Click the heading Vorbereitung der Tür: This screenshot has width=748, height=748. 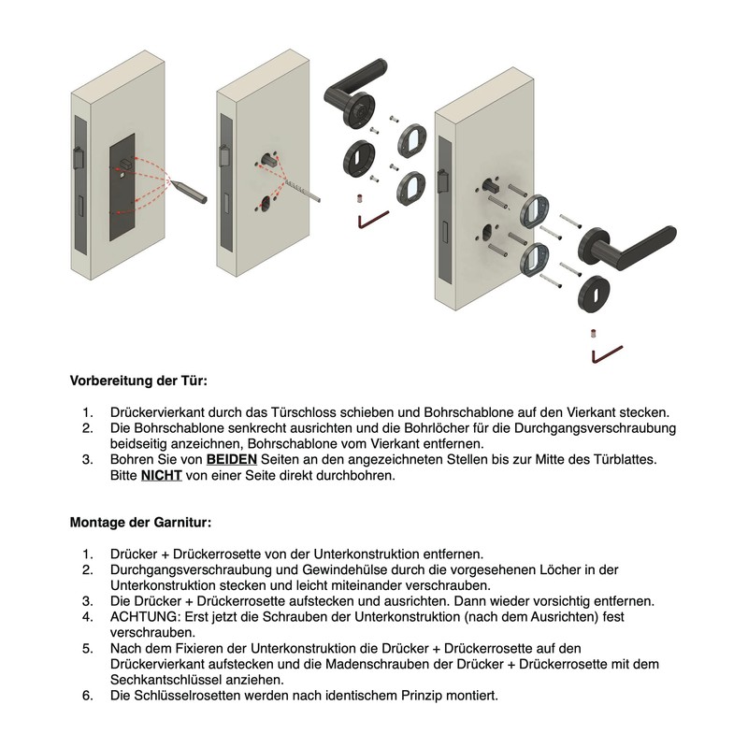click(x=138, y=381)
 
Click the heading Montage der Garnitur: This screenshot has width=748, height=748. click(x=140, y=523)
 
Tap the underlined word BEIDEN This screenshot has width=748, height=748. click(x=231, y=459)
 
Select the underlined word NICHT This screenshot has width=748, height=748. click(x=161, y=475)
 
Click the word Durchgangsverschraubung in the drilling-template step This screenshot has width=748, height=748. click(x=595, y=428)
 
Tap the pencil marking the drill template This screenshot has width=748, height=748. click(x=188, y=191)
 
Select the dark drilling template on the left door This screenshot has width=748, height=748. click(x=122, y=187)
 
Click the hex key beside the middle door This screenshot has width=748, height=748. click(x=372, y=220)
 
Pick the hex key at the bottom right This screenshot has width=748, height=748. click(x=606, y=354)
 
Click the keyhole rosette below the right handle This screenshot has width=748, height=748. click(x=595, y=294)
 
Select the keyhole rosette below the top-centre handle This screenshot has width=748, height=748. click(x=359, y=158)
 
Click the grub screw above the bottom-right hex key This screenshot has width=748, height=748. click(x=594, y=333)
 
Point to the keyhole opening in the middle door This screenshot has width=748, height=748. click(x=266, y=203)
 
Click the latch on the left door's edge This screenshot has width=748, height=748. click(x=78, y=158)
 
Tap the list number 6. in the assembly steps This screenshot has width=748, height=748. click(x=88, y=696)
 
